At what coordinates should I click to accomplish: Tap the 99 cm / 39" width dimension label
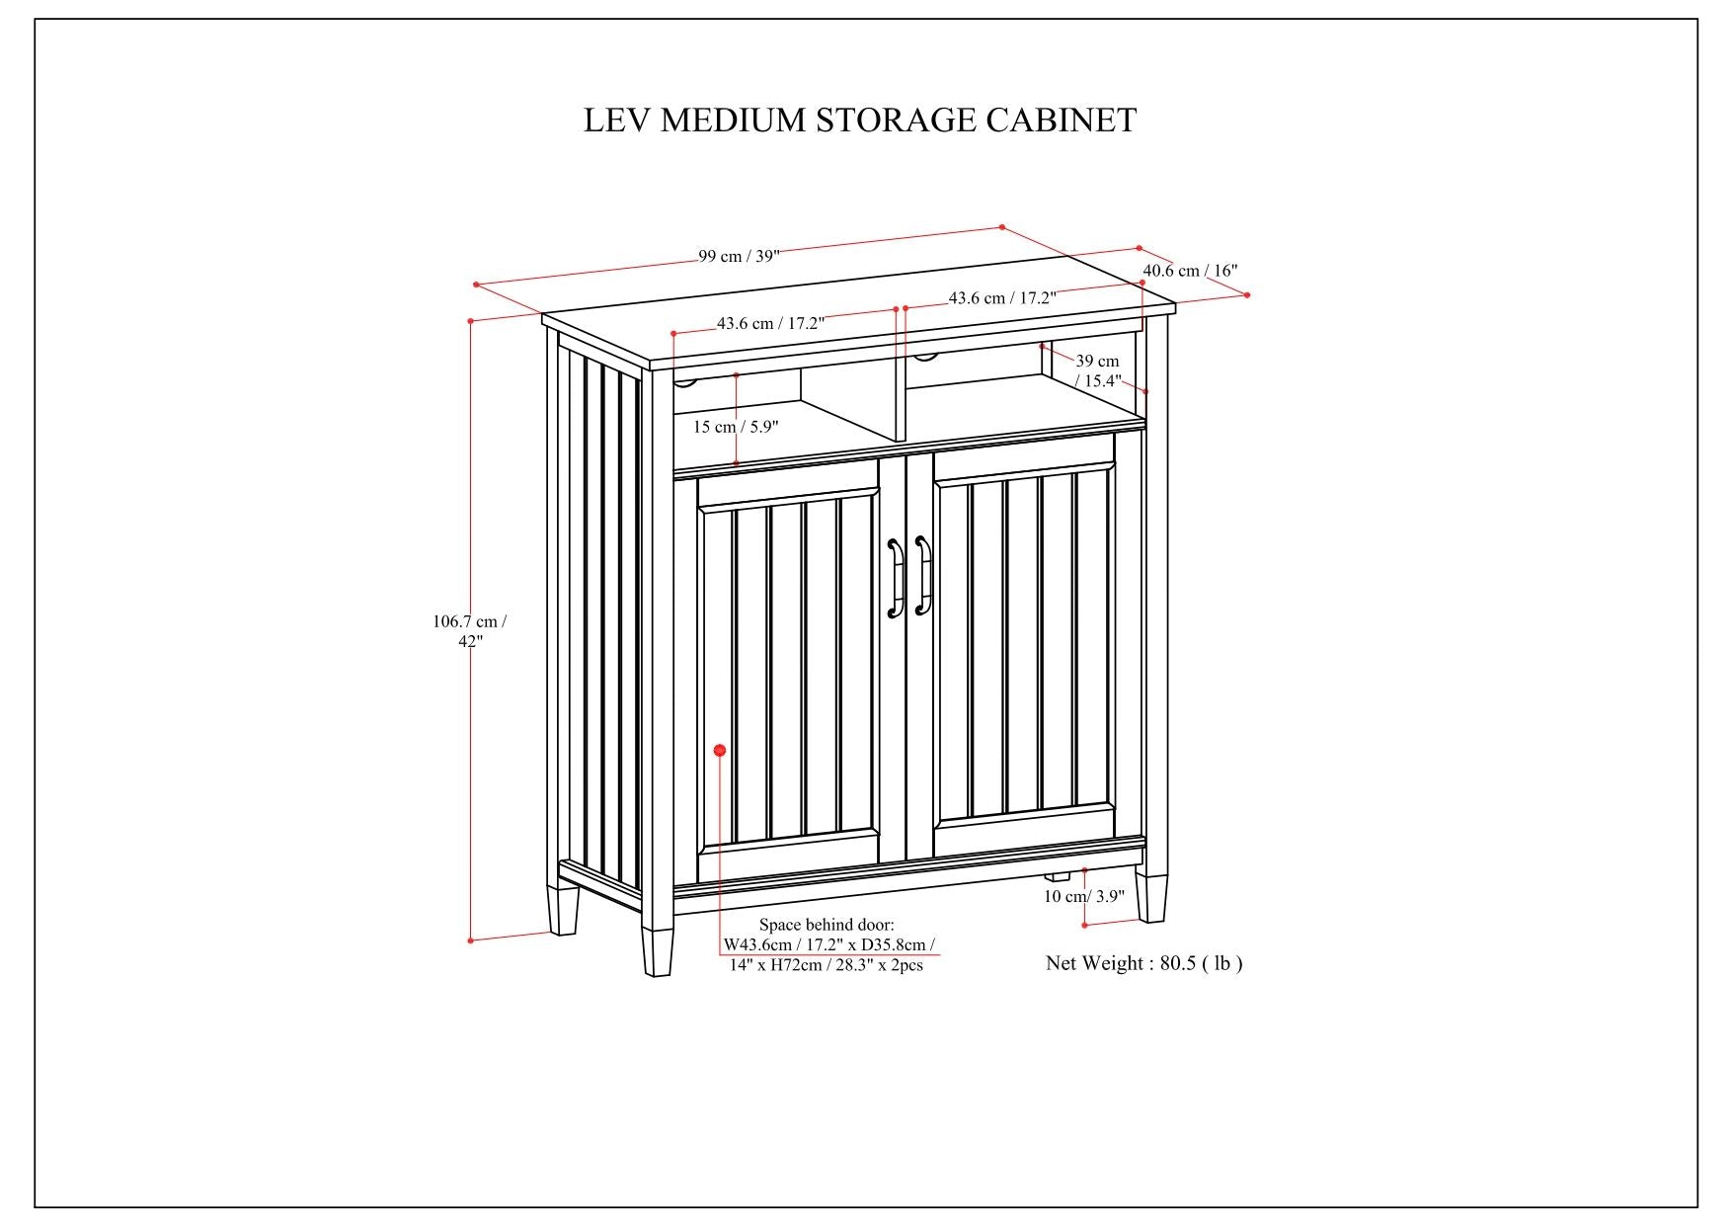point(739,256)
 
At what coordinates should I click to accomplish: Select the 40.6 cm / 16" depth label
point(1190,271)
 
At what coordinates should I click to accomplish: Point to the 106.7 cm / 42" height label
point(470,631)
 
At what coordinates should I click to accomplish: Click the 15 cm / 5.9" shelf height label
point(736,427)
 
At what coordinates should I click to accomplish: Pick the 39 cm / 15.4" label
point(1098,370)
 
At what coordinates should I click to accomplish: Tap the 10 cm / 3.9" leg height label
point(1084,896)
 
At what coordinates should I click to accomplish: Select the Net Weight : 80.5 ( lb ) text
point(1143,963)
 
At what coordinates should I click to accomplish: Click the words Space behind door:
point(827,926)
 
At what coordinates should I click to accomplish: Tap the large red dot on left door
point(720,751)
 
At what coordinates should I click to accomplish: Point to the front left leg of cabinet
point(658,950)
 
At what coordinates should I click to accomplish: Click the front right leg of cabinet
point(1150,895)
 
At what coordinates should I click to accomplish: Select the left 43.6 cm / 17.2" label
point(770,323)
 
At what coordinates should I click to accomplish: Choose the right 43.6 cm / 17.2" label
point(1002,297)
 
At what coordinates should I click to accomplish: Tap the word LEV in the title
point(618,121)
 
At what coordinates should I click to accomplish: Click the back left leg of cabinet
point(564,910)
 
